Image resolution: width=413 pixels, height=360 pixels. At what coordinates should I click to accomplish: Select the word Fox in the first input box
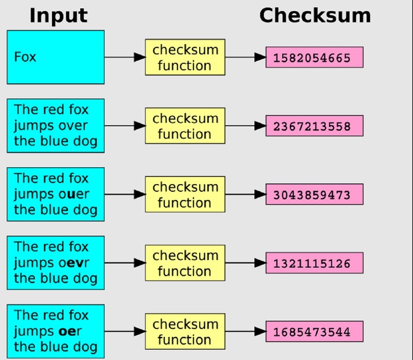coord(25,56)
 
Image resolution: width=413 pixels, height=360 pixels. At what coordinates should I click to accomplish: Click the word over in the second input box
coord(72,125)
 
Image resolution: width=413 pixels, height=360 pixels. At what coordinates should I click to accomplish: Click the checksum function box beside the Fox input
coord(185,57)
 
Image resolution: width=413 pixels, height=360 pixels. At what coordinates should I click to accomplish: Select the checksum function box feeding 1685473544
coord(185,332)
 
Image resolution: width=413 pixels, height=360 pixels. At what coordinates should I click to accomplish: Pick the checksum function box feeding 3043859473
coord(185,194)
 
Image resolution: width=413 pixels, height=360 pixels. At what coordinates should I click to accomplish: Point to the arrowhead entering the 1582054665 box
coord(260,57)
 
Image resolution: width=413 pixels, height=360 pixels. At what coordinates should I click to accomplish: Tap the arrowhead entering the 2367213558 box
coord(260,126)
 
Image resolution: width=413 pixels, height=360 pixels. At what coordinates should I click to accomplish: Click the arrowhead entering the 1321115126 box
coord(260,263)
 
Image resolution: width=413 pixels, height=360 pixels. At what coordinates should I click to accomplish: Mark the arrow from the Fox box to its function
coord(123,57)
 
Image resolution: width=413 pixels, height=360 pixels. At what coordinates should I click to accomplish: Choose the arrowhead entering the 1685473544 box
coord(260,332)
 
